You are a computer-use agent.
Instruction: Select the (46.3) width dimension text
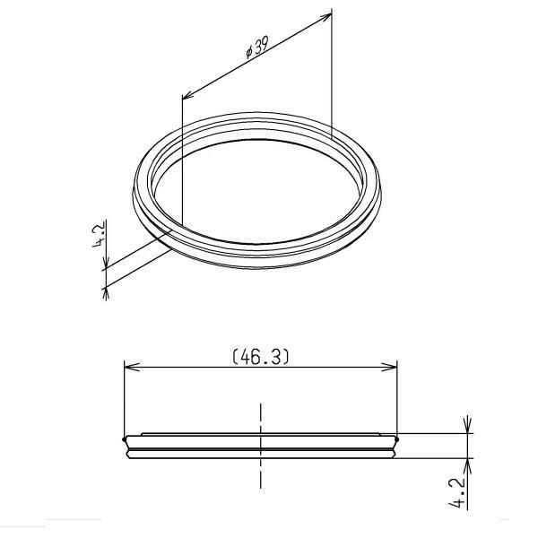(x=260, y=356)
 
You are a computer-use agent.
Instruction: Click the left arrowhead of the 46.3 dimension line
(x=129, y=366)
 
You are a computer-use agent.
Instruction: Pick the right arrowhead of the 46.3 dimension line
(x=391, y=366)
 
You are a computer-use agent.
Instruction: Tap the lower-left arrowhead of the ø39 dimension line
(x=187, y=96)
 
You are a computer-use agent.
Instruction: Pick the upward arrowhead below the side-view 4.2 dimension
(x=468, y=464)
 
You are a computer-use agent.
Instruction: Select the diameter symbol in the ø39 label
(x=247, y=54)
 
